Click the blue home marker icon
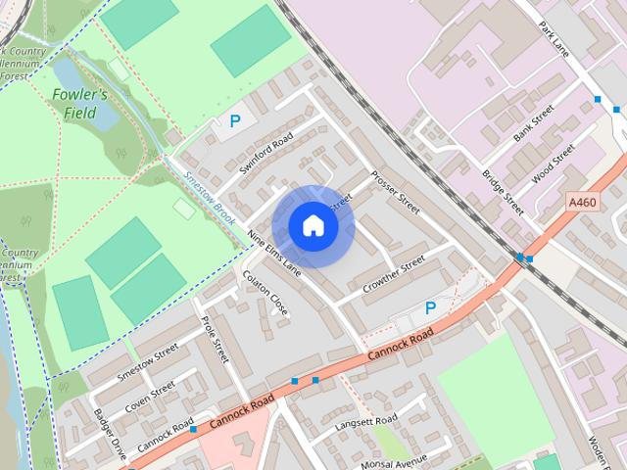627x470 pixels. coord(313,226)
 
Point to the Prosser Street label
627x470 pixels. coord(395,194)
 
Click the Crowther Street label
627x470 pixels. coord(394,275)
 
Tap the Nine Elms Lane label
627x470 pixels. coord(274,251)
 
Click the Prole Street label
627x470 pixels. coord(215,338)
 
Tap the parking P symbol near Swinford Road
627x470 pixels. coord(234,121)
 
